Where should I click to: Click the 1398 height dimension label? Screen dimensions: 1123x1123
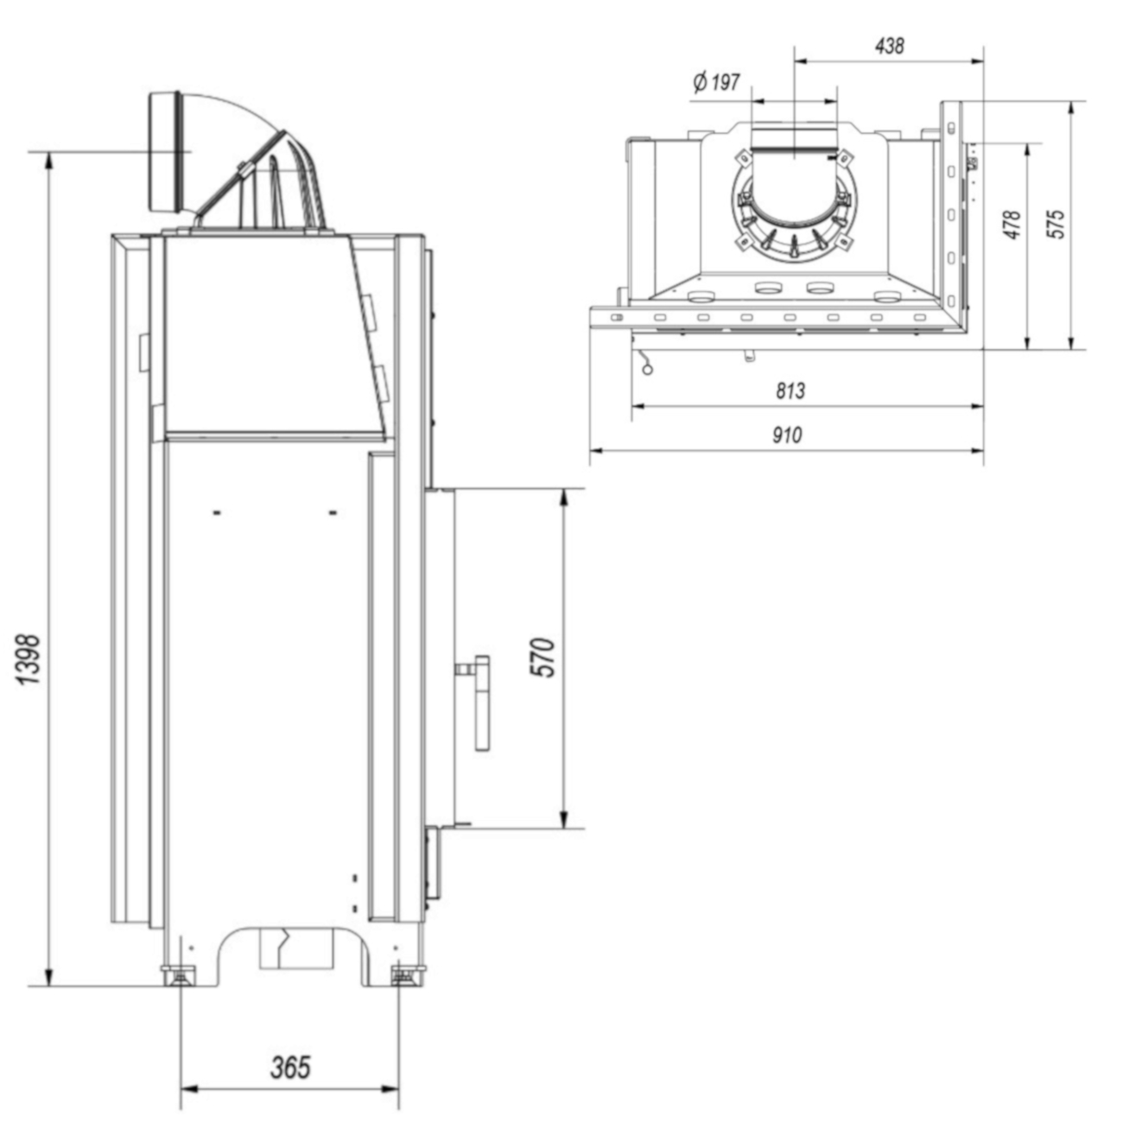pyautogui.click(x=29, y=661)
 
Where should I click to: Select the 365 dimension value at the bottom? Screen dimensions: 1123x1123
pyautogui.click(x=289, y=1068)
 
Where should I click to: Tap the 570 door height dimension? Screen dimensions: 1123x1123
pyautogui.click(x=546, y=657)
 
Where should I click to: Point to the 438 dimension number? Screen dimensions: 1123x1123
pyautogui.click(x=889, y=46)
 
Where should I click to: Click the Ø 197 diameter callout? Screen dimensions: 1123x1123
pyautogui.click(x=716, y=83)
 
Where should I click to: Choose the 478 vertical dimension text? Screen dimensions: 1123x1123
pyautogui.click(x=1013, y=225)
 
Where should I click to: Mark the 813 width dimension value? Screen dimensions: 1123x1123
pyautogui.click(x=790, y=390)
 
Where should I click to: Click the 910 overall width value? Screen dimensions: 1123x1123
pyautogui.click(x=787, y=435)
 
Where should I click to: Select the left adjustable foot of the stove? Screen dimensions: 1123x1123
pyautogui.click(x=180, y=976)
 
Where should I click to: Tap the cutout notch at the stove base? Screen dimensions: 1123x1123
pyautogui.click(x=294, y=950)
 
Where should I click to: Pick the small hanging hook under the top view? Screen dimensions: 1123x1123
pyautogui.click(x=646, y=366)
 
